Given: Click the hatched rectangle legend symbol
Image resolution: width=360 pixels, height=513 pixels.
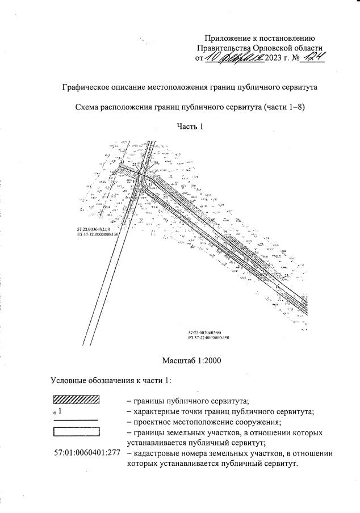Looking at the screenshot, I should point(76,400).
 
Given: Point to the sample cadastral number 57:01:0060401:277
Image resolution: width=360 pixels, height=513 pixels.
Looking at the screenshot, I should point(85,454).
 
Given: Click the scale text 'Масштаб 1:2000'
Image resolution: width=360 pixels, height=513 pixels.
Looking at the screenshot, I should point(192,360).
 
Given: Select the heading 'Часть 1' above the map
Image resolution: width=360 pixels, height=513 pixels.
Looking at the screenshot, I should point(190,126).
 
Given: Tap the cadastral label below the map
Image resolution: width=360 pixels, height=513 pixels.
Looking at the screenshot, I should point(208,335).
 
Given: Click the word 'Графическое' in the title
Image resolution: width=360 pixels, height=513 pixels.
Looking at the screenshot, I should point(88,87).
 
